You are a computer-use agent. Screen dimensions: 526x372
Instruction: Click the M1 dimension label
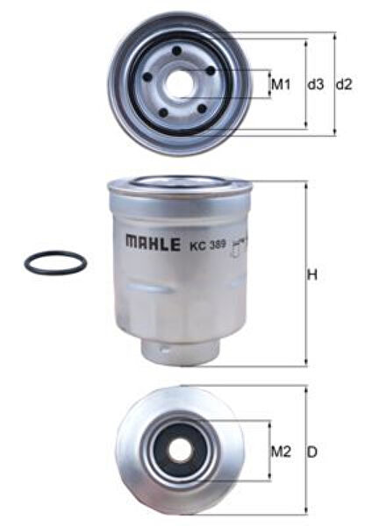coord(280,85)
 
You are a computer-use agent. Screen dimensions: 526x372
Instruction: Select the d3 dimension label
coord(316,85)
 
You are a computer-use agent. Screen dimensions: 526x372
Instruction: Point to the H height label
coord(311,275)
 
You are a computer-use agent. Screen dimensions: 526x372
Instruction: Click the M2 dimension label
coord(280,452)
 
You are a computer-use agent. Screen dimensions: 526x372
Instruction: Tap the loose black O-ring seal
coord(55,262)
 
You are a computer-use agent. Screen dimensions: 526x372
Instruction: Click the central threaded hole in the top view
coord(181,84)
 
